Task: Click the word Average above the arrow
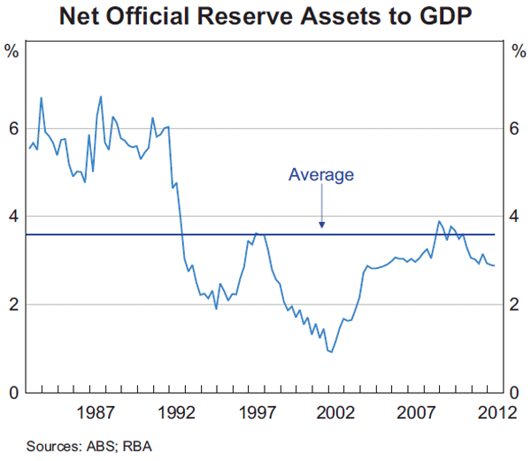click(321, 175)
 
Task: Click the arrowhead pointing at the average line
click(322, 226)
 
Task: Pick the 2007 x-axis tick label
click(416, 412)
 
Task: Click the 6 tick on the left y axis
click(12, 128)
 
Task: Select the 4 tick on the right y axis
click(518, 217)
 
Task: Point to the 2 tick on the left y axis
click(12, 304)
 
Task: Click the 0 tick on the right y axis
click(518, 392)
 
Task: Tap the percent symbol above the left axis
click(12, 50)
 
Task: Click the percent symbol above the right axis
click(518, 50)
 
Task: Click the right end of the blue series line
click(494, 265)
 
